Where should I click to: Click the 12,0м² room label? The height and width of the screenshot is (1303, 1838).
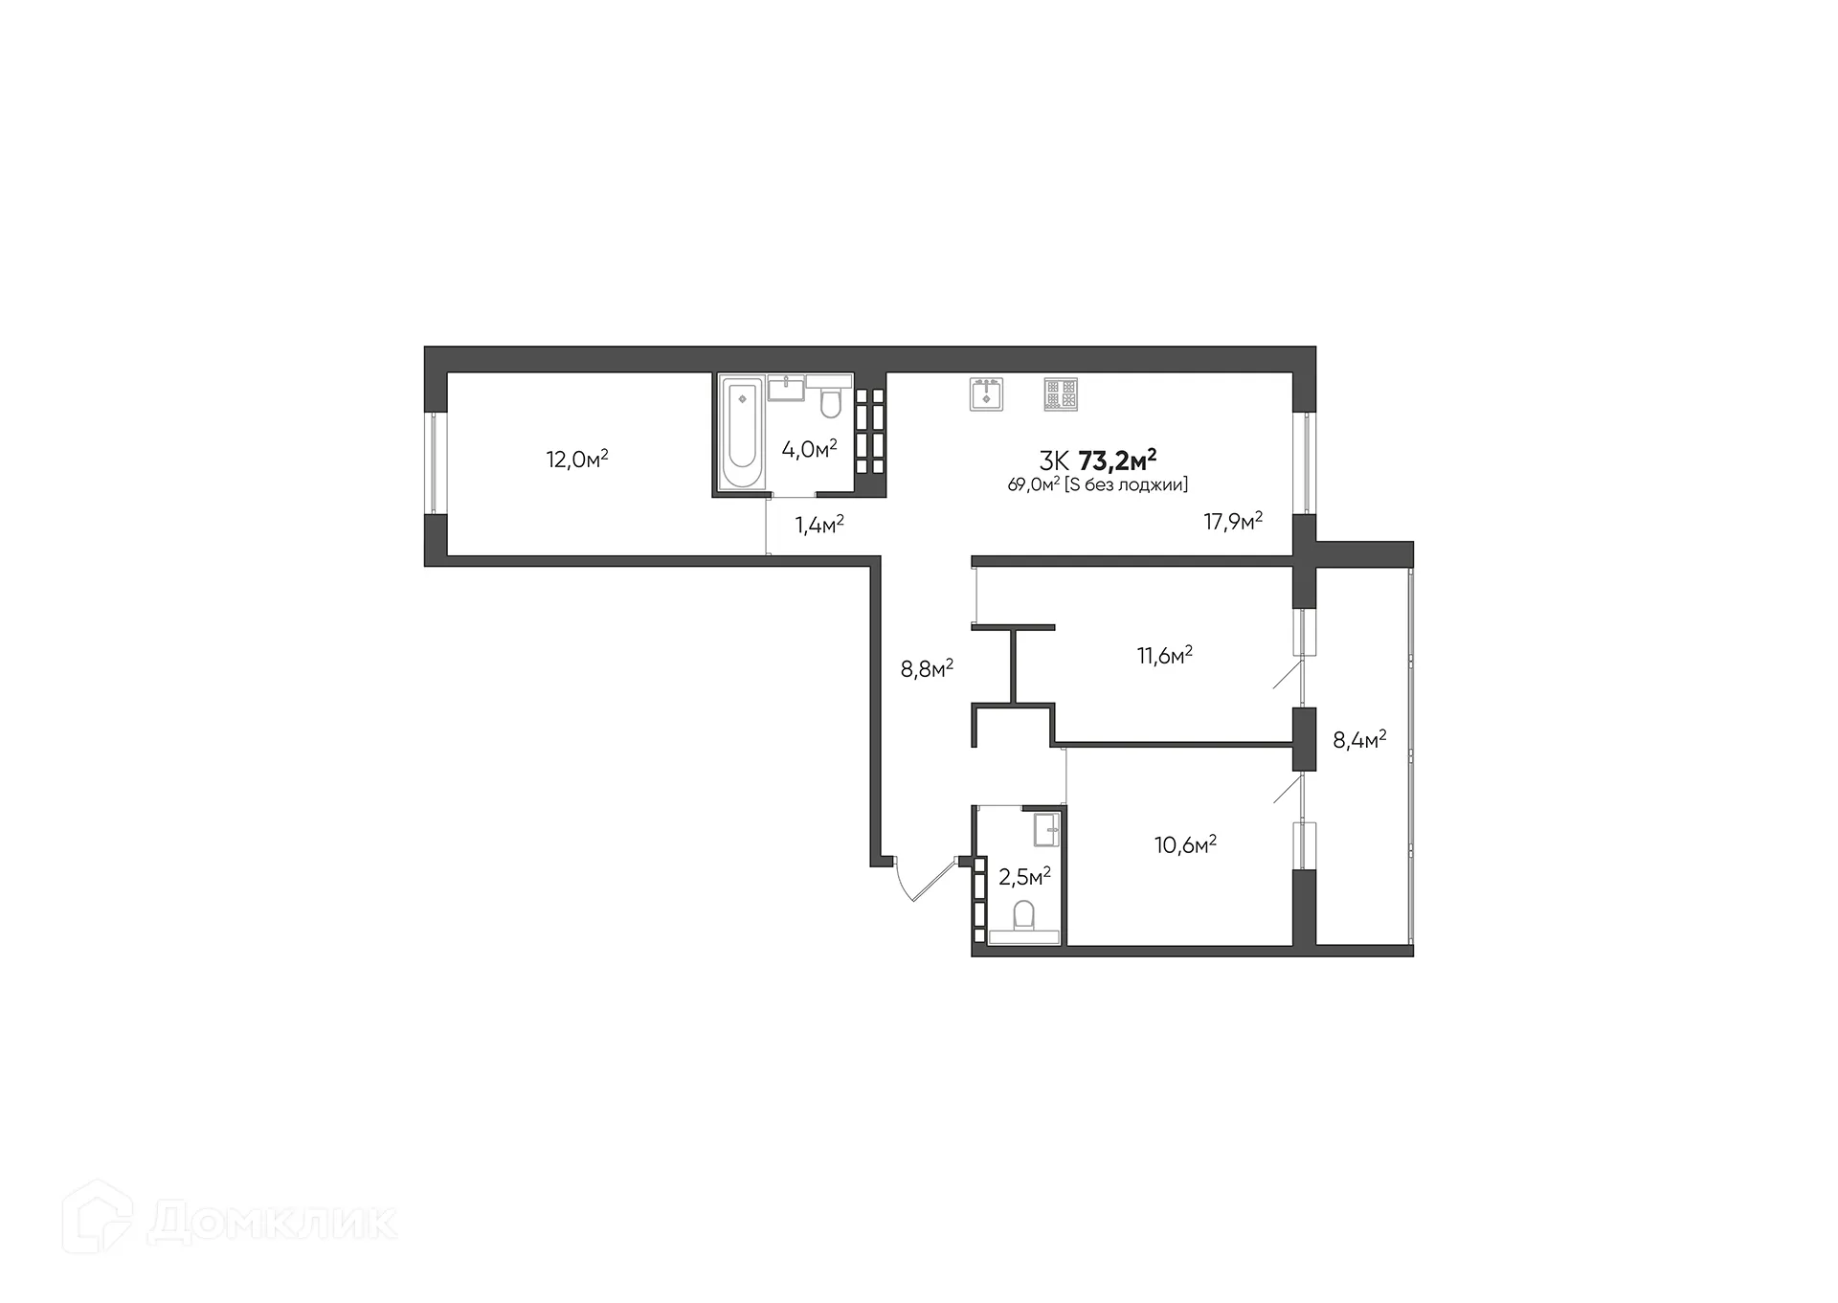pos(577,460)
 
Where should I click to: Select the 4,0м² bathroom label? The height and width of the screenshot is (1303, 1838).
pos(809,449)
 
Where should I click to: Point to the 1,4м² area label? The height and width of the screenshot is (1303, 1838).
pos(818,525)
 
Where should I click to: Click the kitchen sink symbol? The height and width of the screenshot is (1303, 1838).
pos(986,393)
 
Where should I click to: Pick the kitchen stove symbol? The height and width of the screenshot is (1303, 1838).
pos(1061,393)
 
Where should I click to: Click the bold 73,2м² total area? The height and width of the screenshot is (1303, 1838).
pos(1117,461)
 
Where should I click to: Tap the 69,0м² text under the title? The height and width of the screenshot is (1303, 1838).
pos(1033,485)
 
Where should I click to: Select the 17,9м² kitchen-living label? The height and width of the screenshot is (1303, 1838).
pos(1233,522)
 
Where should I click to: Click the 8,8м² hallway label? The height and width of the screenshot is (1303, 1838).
pos(927,668)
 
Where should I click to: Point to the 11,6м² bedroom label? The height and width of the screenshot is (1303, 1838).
pos(1164,656)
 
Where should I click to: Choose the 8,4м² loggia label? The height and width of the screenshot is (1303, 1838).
pos(1359,740)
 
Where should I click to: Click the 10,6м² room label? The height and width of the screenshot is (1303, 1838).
pos(1185,844)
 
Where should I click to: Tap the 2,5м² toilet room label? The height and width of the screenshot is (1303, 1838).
pos(1024,877)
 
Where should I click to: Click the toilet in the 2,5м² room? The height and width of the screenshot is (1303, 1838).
pos(1023,916)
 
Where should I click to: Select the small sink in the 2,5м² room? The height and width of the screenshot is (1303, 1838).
pos(1046,829)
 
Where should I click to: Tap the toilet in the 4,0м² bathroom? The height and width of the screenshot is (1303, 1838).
pos(829,402)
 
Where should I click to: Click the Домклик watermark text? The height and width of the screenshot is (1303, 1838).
pos(272,1222)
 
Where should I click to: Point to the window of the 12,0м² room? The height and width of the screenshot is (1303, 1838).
pos(435,463)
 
